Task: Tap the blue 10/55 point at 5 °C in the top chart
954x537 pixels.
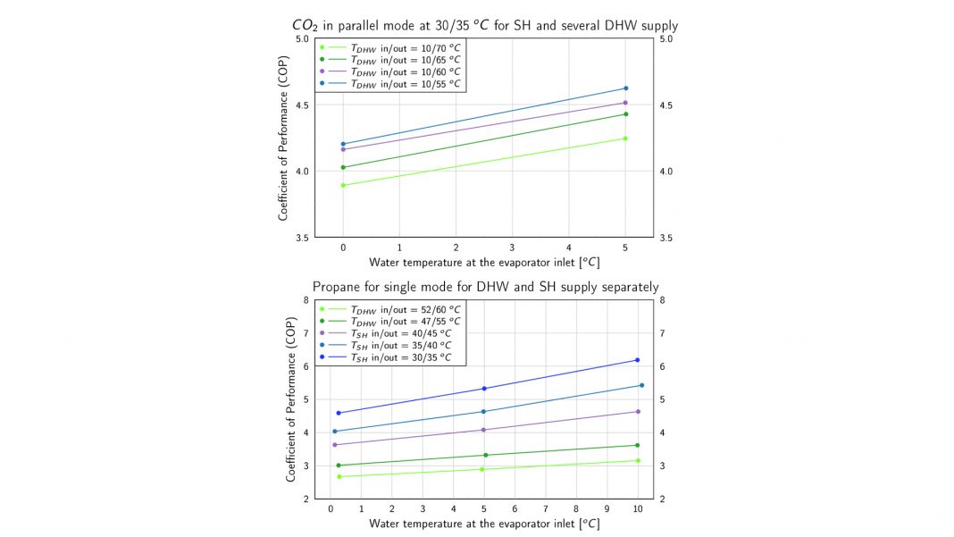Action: pyautogui.click(x=625, y=88)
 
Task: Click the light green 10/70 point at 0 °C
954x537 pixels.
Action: pyautogui.click(x=343, y=185)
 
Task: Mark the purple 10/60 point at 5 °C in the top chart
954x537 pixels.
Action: pyautogui.click(x=625, y=103)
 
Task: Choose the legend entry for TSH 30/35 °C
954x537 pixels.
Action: pyautogui.click(x=401, y=357)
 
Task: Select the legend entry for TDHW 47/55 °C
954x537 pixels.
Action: pyautogui.click(x=401, y=320)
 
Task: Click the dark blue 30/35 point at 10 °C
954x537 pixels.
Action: pyautogui.click(x=637, y=360)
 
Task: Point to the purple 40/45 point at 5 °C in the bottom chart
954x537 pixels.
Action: pyautogui.click(x=483, y=430)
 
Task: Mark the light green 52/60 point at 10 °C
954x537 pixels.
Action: pyautogui.click(x=637, y=460)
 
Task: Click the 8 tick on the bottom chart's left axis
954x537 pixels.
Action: pyautogui.click(x=305, y=300)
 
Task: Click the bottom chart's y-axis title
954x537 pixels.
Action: pyautogui.click(x=291, y=399)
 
